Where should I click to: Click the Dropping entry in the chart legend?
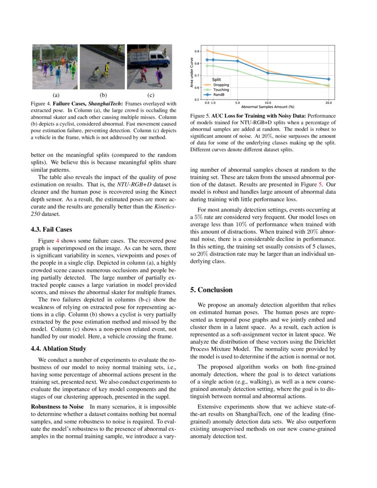(221, 85)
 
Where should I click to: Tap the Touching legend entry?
(221, 90)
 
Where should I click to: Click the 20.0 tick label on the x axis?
(328, 103)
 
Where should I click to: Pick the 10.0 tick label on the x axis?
(267, 103)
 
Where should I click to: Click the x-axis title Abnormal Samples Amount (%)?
(267, 107)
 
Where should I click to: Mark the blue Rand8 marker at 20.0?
(328, 79)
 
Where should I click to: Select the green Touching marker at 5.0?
(237, 71)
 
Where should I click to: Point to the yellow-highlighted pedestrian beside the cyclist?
(106, 70)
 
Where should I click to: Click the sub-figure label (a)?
(56, 95)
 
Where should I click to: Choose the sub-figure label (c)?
(150, 95)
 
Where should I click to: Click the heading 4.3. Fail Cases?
(51, 230)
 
